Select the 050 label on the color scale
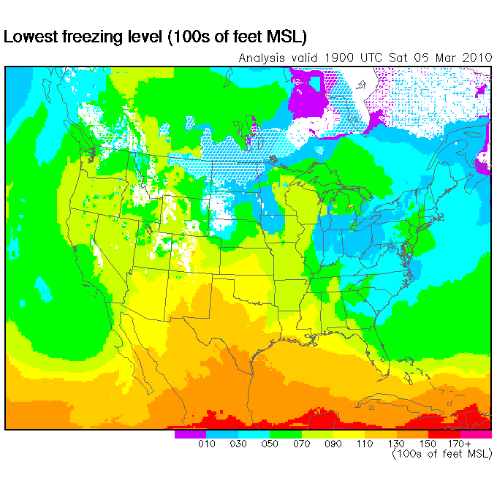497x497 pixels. pyautogui.click(x=270, y=444)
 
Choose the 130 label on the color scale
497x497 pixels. pyautogui.click(x=396, y=444)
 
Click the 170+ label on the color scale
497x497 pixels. pyautogui.click(x=459, y=444)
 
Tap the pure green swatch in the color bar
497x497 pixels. pyautogui.click(x=285, y=434)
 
